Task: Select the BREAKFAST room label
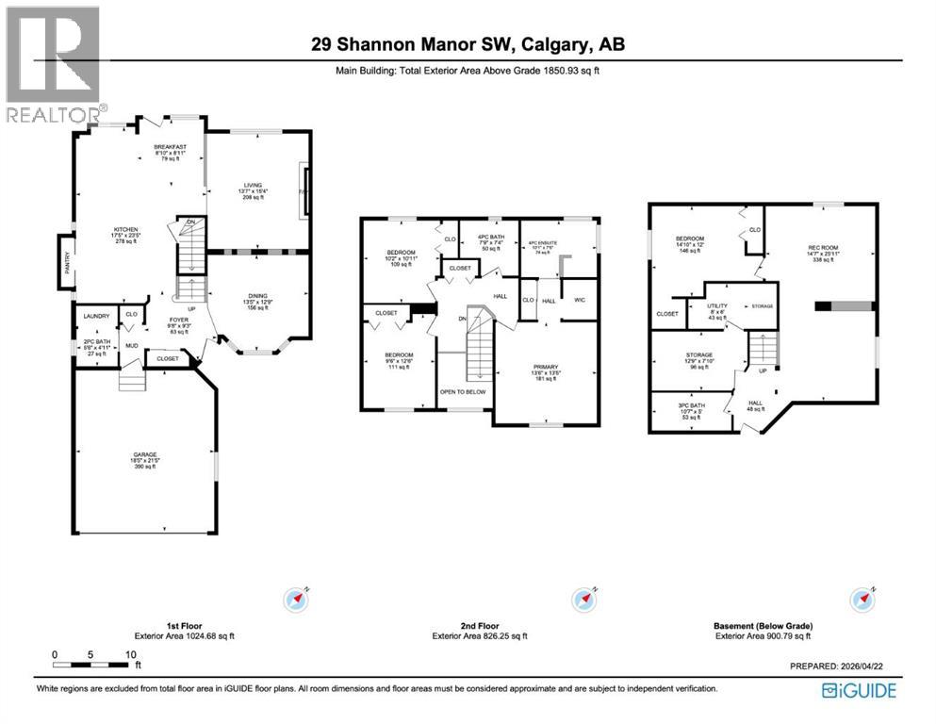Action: (x=172, y=147)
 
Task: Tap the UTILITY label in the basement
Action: (x=718, y=306)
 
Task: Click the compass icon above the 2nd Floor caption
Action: (x=584, y=599)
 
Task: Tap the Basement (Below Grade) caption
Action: (x=763, y=626)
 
